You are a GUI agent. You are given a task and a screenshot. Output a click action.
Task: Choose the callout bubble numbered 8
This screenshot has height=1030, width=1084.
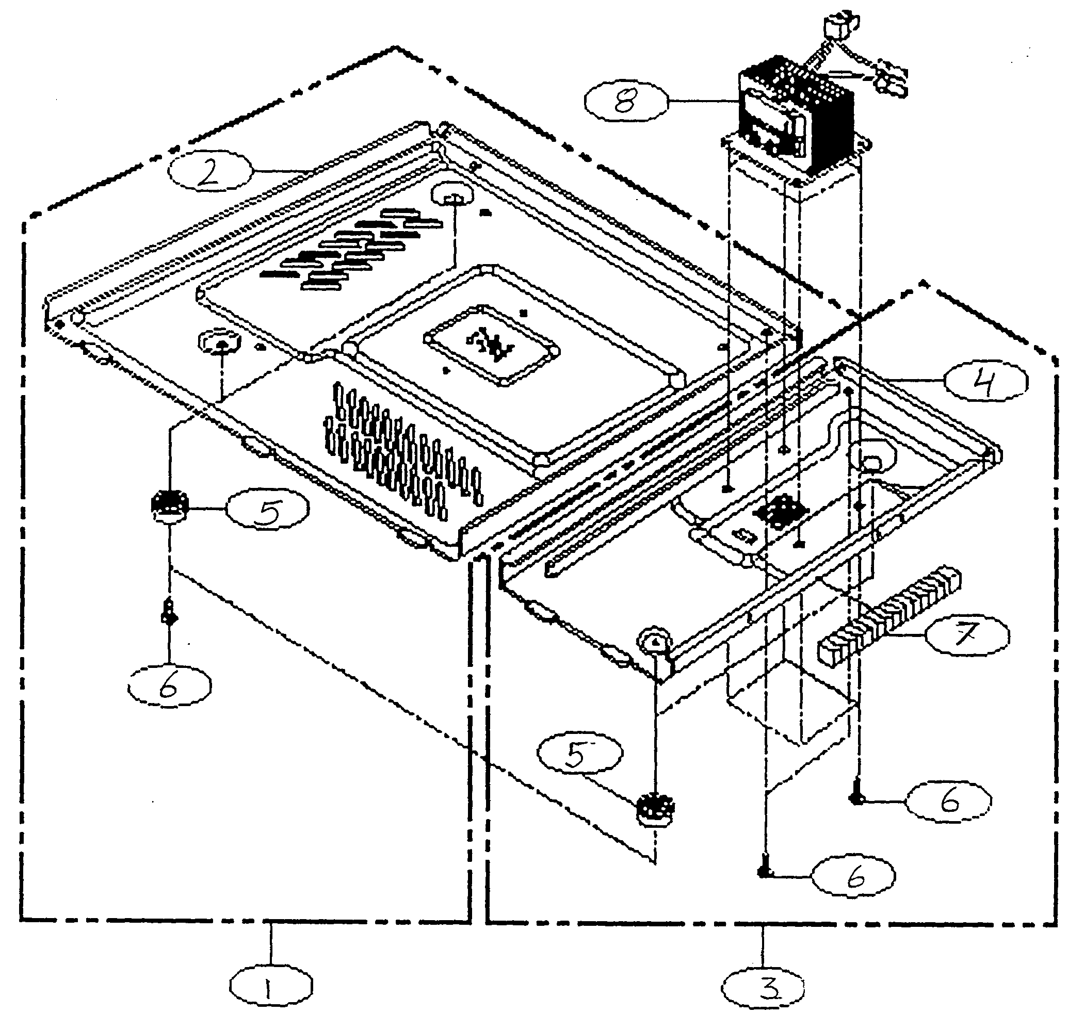click(x=626, y=102)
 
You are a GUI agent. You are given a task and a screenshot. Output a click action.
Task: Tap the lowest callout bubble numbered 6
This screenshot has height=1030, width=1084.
click(x=853, y=877)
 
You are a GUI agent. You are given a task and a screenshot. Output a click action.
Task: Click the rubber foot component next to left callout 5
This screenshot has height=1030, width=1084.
click(x=170, y=505)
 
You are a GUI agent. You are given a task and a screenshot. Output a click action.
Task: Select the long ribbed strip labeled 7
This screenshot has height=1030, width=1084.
click(x=889, y=612)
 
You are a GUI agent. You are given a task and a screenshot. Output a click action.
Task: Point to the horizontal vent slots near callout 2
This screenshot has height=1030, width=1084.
click(x=351, y=247)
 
